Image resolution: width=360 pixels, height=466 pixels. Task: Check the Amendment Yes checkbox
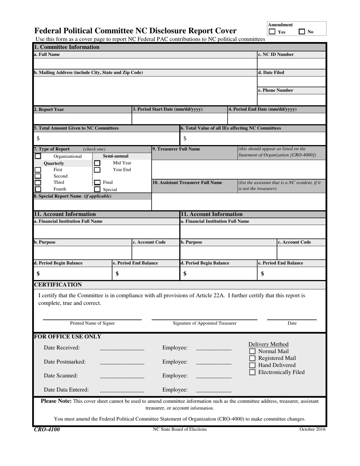click(272, 32)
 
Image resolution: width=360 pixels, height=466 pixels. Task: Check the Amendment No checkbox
click(302, 32)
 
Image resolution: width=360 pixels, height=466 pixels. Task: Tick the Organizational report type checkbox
click(38, 156)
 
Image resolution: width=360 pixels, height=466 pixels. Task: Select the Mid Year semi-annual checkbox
click(97, 163)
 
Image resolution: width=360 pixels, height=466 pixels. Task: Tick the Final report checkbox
click(97, 183)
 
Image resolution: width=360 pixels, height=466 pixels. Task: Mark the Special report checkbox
click(97, 189)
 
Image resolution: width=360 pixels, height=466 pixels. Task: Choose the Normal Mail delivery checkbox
click(252, 351)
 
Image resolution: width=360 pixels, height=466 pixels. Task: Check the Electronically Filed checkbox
click(252, 372)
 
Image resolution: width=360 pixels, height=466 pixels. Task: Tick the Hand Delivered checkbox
click(252, 365)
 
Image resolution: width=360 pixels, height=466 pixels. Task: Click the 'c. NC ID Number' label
click(276, 55)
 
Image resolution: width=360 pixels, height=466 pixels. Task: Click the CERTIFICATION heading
click(58, 285)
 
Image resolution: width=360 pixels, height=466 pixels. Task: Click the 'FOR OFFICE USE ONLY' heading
click(68, 336)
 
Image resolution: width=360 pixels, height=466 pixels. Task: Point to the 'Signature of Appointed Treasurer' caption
click(205, 323)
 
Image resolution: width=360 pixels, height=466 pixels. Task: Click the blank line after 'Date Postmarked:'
click(122, 362)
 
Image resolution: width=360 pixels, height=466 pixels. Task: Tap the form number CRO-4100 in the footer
click(47, 429)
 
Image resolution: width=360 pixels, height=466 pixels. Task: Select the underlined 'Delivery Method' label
click(268, 344)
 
